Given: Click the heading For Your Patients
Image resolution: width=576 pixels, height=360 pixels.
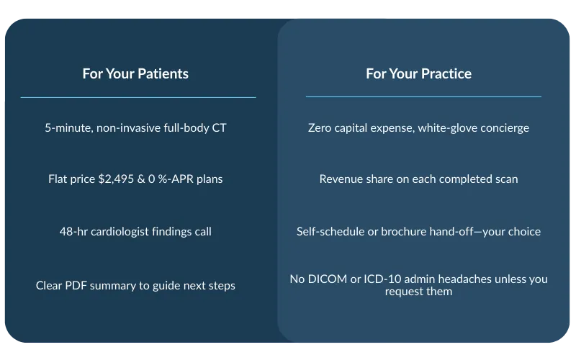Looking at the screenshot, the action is [135, 74].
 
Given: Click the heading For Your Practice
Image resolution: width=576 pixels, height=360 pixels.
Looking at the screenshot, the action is [418, 74].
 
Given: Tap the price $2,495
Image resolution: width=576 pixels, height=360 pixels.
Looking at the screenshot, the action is [116, 179].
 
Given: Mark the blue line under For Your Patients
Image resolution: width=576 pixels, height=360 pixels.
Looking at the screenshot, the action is [138, 97].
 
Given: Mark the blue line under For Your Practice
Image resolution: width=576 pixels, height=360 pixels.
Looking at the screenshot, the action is [423, 96].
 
